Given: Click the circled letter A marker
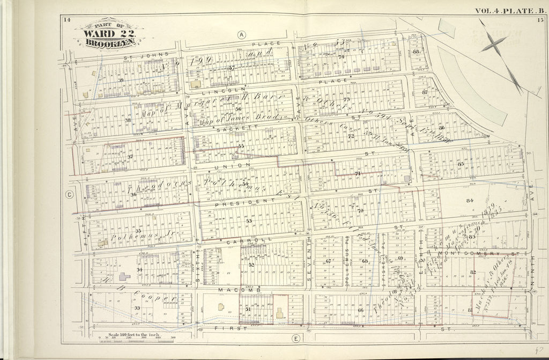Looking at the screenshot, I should coord(242,34).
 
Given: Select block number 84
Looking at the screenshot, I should coord(470,201).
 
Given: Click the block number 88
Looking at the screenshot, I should coord(416,52).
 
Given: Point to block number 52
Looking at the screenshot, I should coord(251,265).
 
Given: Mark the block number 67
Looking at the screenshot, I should coord(328,261).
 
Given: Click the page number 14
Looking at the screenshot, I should coord(66,20).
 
